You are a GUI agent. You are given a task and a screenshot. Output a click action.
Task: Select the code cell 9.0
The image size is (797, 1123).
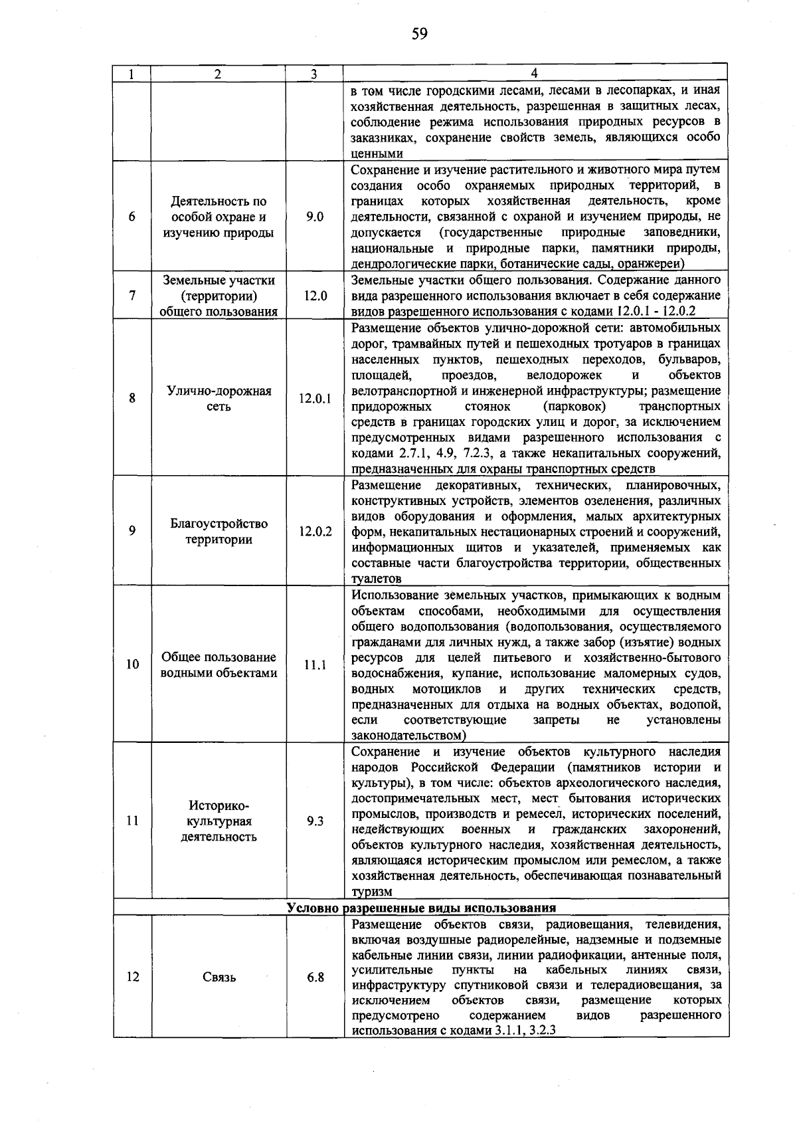point(315,217)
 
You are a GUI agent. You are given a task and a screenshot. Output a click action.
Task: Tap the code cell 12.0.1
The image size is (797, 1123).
point(315,399)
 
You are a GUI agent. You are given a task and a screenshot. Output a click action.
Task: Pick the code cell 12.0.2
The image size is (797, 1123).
point(315,532)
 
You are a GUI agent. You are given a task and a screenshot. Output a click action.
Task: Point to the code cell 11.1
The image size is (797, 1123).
point(315,664)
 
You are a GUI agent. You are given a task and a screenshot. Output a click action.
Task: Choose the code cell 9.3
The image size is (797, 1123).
point(315,821)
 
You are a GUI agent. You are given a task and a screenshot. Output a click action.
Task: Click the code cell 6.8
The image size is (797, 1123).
point(315,977)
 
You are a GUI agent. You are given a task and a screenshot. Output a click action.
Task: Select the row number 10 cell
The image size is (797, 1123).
point(133,664)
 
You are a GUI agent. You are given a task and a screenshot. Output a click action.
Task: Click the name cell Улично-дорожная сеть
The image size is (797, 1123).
point(219,399)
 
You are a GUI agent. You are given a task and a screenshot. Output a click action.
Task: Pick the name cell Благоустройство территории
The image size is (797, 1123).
point(219,532)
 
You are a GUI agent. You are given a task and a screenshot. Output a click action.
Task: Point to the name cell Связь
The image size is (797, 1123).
point(219,977)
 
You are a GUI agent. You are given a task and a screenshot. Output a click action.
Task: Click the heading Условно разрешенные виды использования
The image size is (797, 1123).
point(421,908)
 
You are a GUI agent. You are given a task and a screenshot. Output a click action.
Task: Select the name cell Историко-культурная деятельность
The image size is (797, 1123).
point(219,821)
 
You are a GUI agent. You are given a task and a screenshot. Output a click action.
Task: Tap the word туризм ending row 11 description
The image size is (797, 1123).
point(372,892)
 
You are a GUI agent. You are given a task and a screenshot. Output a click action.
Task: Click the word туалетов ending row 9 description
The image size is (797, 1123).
point(376,579)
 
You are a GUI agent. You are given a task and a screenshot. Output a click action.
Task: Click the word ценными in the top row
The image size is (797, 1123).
point(377,154)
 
